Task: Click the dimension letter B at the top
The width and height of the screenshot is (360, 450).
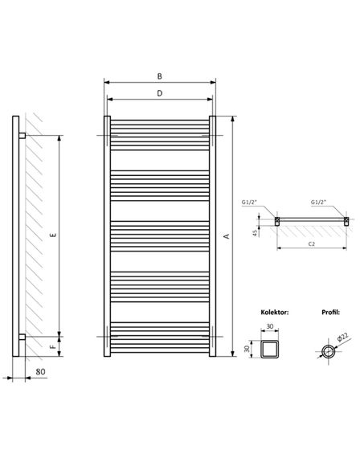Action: click(x=160, y=76)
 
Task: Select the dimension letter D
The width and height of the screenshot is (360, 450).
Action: click(x=160, y=93)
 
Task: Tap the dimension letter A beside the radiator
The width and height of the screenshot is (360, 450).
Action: click(x=227, y=236)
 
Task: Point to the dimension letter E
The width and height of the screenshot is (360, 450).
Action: click(x=53, y=235)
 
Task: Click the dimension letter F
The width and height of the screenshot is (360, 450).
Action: click(x=53, y=346)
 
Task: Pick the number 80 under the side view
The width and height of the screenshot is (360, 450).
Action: click(x=40, y=371)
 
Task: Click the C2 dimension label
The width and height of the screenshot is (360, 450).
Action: click(x=312, y=244)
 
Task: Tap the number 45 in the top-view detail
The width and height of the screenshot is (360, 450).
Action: click(x=255, y=233)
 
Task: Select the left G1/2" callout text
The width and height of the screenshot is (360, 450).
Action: click(x=249, y=202)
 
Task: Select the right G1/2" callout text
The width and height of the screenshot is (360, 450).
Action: click(x=319, y=202)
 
